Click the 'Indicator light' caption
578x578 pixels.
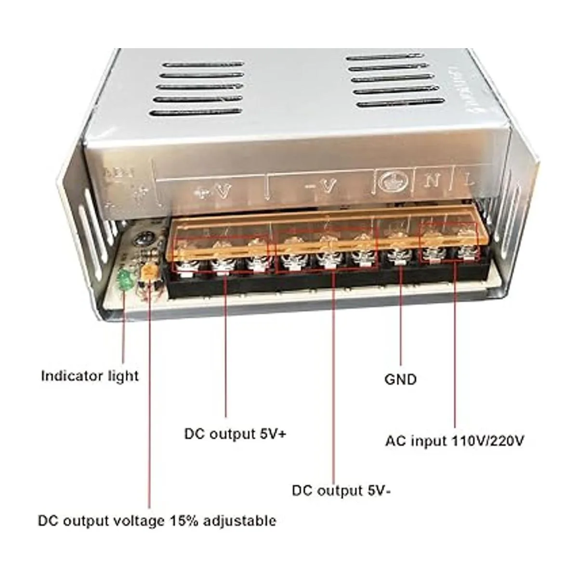pyautogui.click(x=90, y=376)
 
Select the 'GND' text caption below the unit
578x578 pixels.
pyautogui.click(x=400, y=380)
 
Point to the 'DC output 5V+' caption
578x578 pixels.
pyautogui.click(x=235, y=434)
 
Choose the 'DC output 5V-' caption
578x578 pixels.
pyautogui.click(x=341, y=491)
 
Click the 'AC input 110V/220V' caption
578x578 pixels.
pyautogui.click(x=455, y=441)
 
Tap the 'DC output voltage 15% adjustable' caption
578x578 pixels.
pyautogui.click(x=157, y=521)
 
